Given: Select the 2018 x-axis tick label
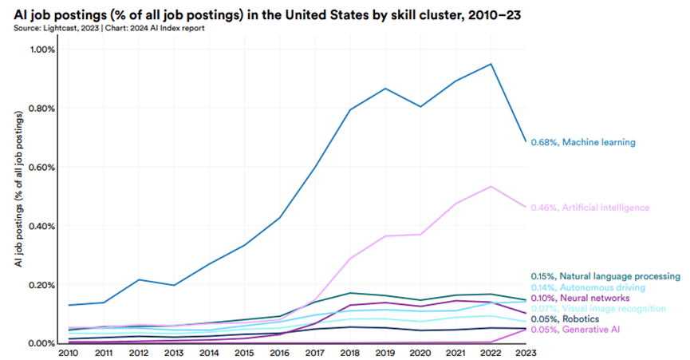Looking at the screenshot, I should tap(352, 352).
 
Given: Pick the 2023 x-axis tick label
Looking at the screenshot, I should tap(526, 352).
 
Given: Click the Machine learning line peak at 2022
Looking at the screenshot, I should tap(491, 64).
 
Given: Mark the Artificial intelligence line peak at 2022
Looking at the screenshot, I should tap(491, 187).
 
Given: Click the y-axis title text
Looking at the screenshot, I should tap(19, 196).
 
